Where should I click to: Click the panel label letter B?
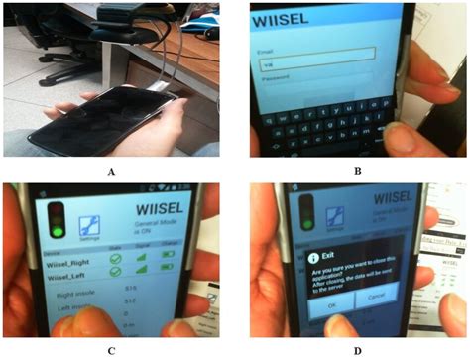click(355, 171)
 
